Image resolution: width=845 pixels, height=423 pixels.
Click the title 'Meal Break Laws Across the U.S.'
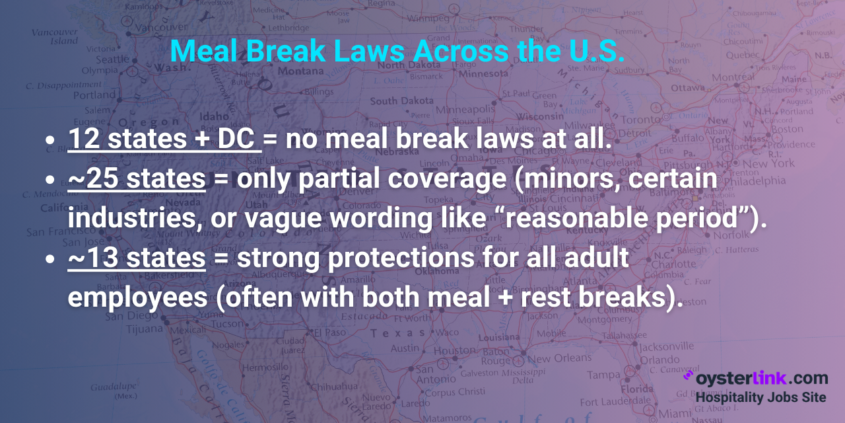pos(397,52)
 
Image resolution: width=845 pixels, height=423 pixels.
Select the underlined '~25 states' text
pos(136,179)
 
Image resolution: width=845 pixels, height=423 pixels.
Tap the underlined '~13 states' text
pos(136,258)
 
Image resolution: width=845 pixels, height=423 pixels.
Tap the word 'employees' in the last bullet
pos(137,297)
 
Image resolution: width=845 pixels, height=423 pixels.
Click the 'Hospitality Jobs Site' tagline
pos(760,397)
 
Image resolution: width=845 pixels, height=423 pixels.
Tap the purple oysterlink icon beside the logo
pos(687,377)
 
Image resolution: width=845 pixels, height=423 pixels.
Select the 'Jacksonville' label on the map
pos(666,346)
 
